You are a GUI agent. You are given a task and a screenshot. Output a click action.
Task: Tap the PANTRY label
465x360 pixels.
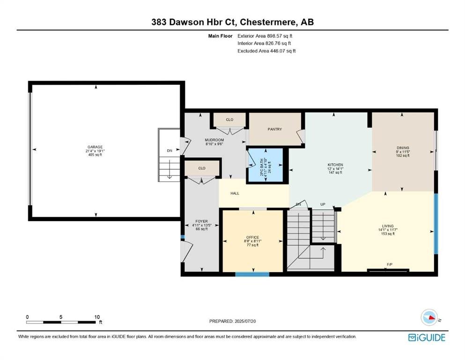coord(274,129)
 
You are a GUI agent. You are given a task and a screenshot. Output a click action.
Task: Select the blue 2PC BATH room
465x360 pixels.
coord(266,165)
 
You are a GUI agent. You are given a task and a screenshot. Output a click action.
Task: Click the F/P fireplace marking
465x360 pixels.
coord(390,264)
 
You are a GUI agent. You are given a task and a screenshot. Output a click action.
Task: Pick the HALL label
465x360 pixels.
coord(235,193)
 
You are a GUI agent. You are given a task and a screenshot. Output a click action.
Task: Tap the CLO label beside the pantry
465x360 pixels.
coord(229,120)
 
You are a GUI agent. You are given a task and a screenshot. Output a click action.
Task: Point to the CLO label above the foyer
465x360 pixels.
coord(202,168)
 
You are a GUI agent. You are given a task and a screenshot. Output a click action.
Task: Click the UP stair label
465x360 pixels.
coord(323,204)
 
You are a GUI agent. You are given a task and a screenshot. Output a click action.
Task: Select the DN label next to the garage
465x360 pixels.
coord(170,150)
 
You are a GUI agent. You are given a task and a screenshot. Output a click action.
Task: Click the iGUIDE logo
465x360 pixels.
coord(427,337)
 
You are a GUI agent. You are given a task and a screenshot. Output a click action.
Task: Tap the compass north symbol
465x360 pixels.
coord(429,317)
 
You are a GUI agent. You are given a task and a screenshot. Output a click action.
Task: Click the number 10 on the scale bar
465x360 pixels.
coord(97,317)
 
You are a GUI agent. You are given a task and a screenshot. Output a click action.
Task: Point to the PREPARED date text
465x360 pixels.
coord(232,321)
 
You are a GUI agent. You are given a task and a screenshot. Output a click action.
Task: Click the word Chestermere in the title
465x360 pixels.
coord(268,22)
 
